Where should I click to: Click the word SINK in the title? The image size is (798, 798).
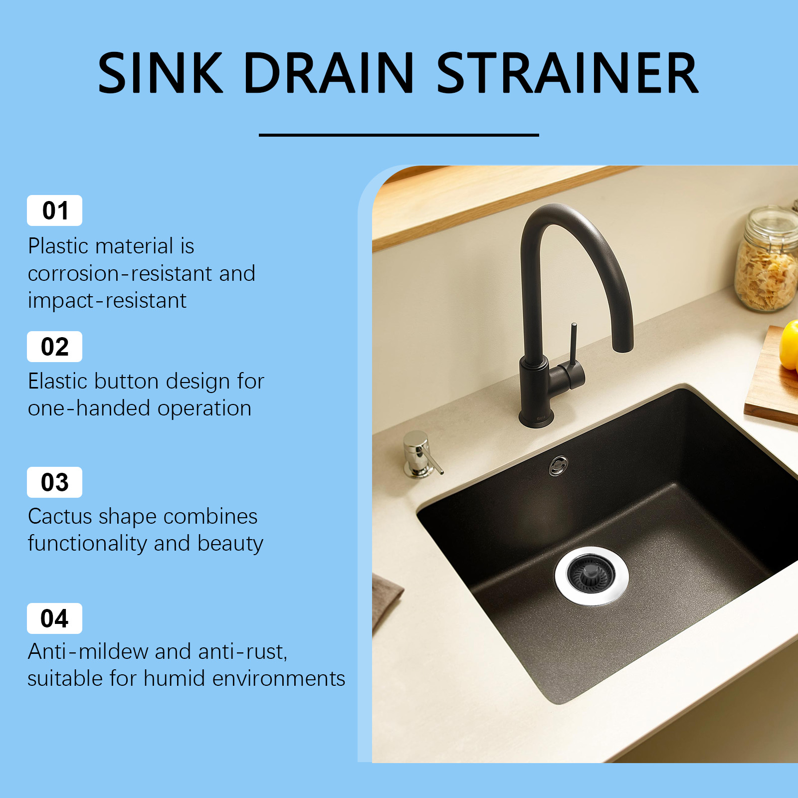160,73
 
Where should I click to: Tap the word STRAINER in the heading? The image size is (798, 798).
568,73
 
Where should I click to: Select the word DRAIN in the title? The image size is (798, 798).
329,73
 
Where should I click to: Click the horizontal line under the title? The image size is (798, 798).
399,135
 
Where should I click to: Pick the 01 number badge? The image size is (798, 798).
54,210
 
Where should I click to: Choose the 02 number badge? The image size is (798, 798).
54,347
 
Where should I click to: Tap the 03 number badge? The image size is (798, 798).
54,482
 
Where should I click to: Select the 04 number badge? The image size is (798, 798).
54,618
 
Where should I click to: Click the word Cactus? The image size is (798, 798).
60,516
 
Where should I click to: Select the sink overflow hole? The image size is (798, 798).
559,465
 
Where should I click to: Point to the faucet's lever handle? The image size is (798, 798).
574,349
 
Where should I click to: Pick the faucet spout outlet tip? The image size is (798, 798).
622,348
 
